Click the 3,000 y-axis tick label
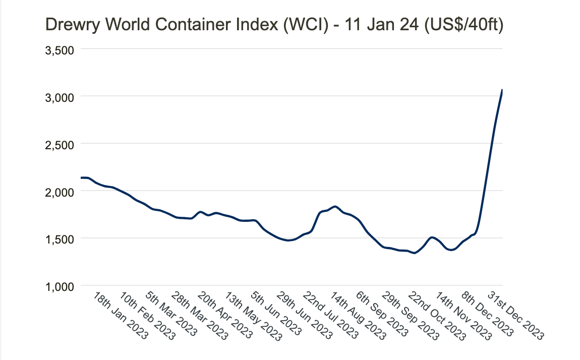pyautogui.click(x=60, y=97)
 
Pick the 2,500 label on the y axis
pyautogui.click(x=60, y=144)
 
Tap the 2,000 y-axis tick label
pyautogui.click(x=60, y=192)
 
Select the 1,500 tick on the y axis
pyautogui.click(x=60, y=238)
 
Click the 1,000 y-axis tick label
pyautogui.click(x=60, y=286)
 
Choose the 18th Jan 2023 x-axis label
pyautogui.click(x=121, y=316)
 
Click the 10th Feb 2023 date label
pyautogui.click(x=147, y=316)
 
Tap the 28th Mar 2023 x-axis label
pyautogui.click(x=200, y=316)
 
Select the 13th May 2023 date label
pyautogui.click(x=253, y=316)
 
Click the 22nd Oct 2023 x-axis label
pyautogui.click(x=437, y=316)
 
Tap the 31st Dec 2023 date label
pyautogui.click(x=516, y=316)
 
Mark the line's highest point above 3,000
pyautogui.click(x=502, y=90)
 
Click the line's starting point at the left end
pyautogui.click(x=82, y=177)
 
